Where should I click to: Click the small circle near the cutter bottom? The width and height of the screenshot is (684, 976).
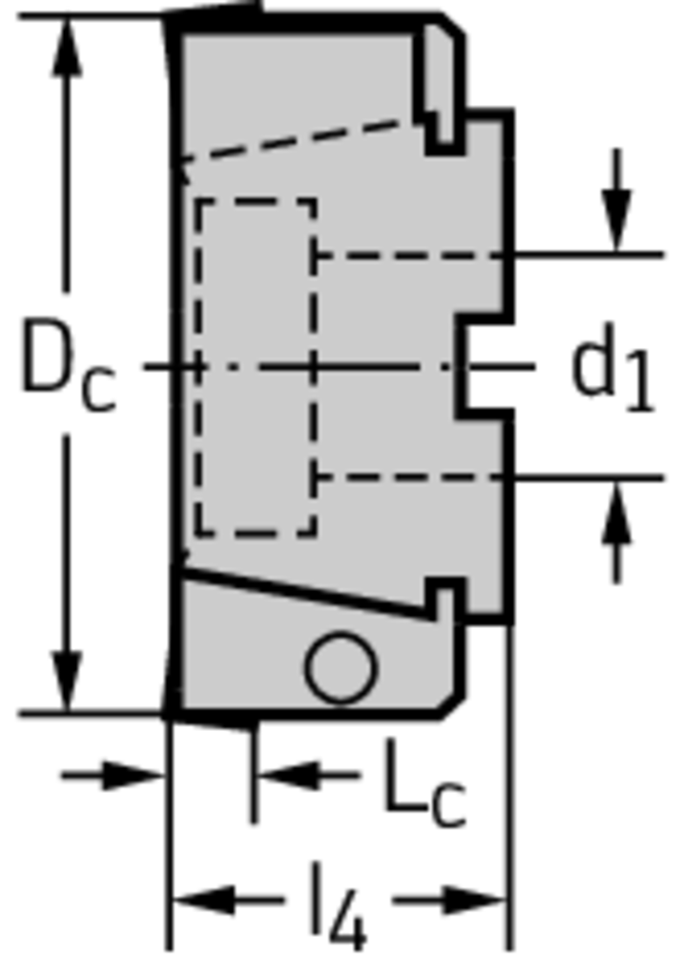[x=341, y=668]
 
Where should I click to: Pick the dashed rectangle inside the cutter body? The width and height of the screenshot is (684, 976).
[x=256, y=367]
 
